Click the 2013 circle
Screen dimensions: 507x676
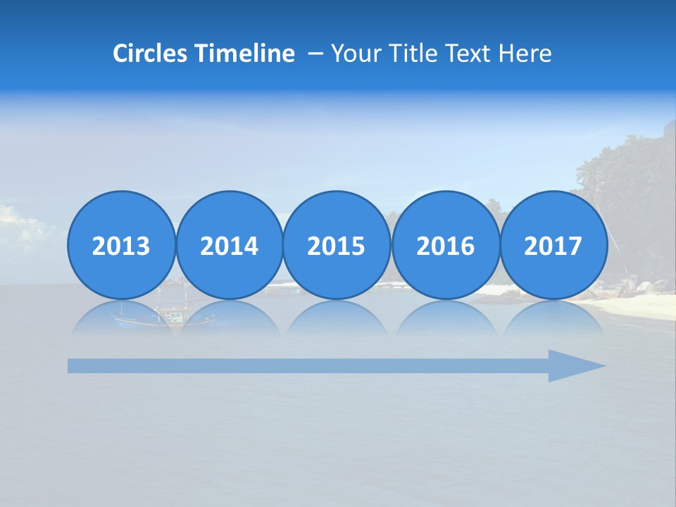[x=121, y=245]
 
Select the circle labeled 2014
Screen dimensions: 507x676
[x=229, y=245]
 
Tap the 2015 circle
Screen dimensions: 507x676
[x=337, y=245]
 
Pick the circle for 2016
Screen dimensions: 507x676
[x=445, y=245]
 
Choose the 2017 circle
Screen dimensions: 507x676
[x=553, y=245]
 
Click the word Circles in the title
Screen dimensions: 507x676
[x=150, y=54]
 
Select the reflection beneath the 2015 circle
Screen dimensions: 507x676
[x=337, y=318]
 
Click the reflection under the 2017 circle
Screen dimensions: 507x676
[x=553, y=318]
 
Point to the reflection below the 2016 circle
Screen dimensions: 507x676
[x=445, y=318]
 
